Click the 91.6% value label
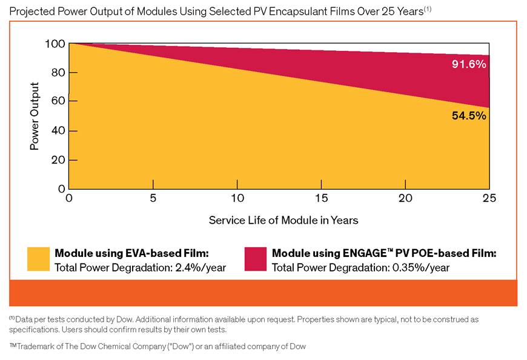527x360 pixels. coord(469,64)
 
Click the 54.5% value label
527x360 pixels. coord(469,116)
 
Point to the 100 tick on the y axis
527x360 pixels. coord(55,44)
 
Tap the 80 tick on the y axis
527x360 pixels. coord(57,73)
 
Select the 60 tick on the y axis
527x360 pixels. coord(57,101)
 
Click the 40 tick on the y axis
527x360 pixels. coord(57,130)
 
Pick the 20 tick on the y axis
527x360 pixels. coord(57,159)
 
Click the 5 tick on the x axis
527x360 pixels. coord(153,199)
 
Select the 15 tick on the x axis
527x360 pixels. coord(321,199)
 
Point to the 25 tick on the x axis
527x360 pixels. coord(489,199)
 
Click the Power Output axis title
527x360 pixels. coord(35,116)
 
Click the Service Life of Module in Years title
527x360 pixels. coord(283,220)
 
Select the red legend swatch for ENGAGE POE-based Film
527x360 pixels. coord(255,260)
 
